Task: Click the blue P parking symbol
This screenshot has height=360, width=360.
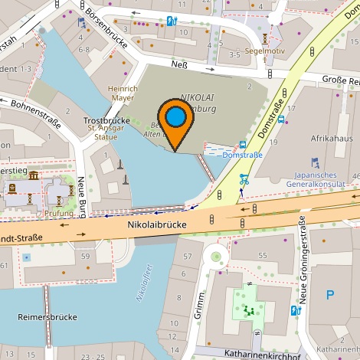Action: pos(330,294)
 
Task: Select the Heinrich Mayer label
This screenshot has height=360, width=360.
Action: pos(122,93)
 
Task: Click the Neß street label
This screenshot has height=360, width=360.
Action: pos(181,64)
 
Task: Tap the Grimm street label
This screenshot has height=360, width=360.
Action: pos(201,302)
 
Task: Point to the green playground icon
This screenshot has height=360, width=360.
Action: pos(248,310)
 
